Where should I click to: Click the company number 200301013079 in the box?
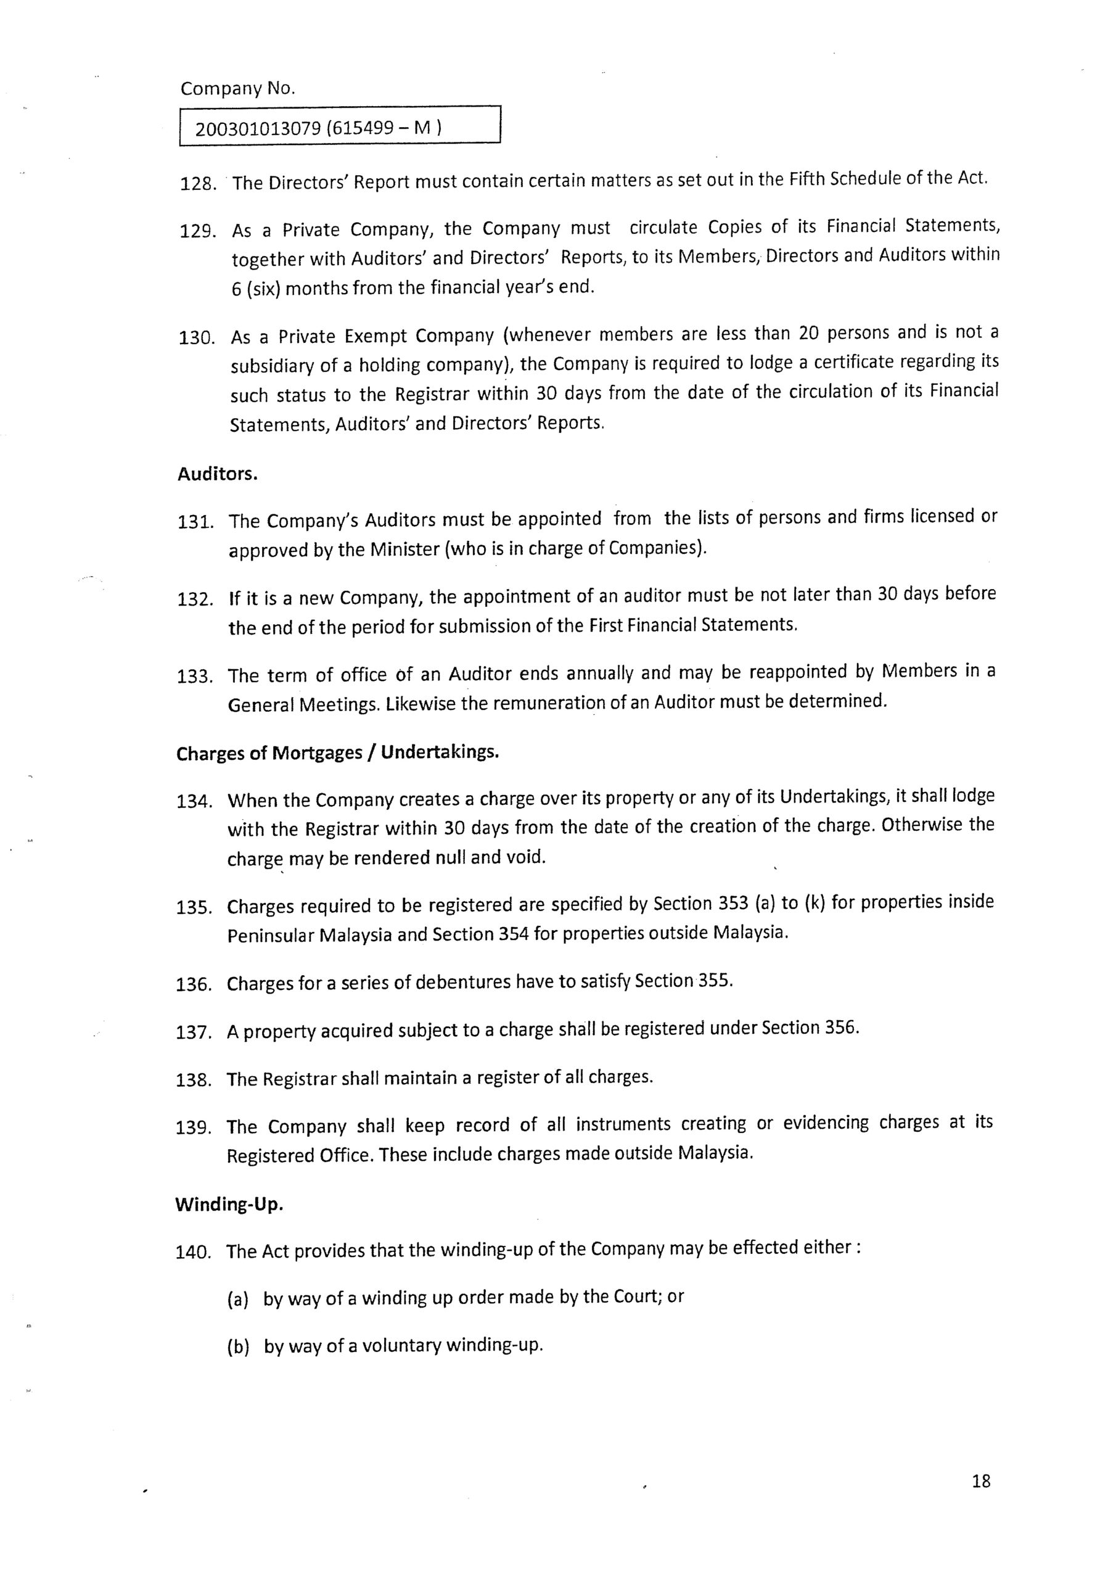pyautogui.click(x=258, y=129)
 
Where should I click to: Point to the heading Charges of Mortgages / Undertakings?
pyautogui.click(x=337, y=752)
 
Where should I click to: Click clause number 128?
pyautogui.click(x=198, y=184)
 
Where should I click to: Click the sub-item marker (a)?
pyautogui.click(x=237, y=1299)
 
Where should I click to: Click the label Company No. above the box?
pyautogui.click(x=237, y=89)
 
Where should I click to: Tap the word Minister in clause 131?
pyautogui.click(x=403, y=550)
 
